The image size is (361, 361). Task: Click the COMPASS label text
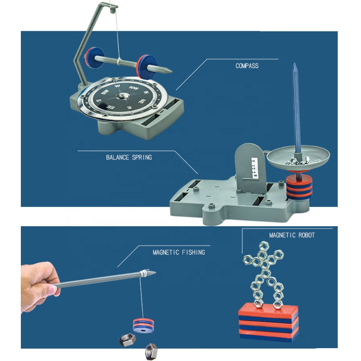point(247,66)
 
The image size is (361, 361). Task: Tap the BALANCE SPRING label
point(129,158)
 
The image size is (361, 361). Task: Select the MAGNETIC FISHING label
point(178,252)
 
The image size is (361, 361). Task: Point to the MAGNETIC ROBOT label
point(292,235)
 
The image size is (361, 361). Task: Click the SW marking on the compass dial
point(105,92)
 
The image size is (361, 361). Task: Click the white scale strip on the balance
point(254,167)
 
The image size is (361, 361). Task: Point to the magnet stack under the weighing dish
point(299,187)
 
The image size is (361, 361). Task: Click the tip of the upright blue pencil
point(294,63)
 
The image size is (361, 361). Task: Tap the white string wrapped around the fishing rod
point(144,273)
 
